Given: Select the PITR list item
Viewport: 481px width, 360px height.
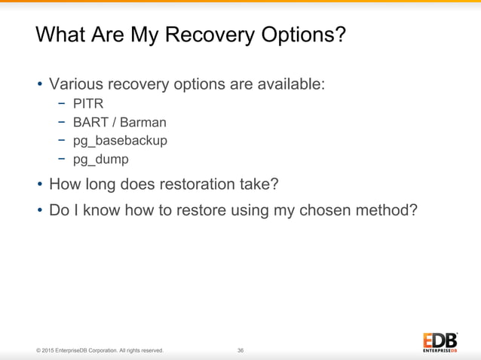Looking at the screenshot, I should click(87, 103).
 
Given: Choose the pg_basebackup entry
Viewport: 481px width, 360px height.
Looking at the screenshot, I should click(120, 141).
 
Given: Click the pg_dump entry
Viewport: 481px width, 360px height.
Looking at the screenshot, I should click(100, 160).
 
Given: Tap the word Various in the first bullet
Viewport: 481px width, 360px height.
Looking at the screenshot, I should click(78, 83).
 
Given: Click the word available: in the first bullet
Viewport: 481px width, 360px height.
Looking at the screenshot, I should click(290, 83).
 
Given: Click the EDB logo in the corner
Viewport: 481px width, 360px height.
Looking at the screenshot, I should click(440, 340).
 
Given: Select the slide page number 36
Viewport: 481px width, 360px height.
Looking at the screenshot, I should click(240, 350).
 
